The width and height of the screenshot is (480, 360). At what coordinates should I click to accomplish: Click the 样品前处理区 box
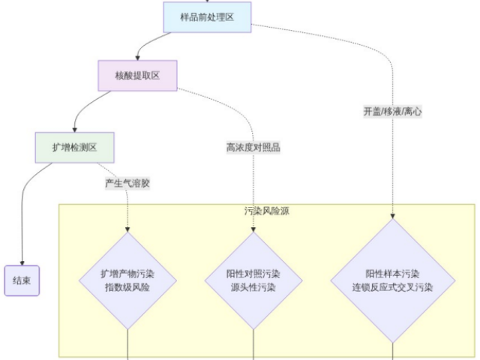click(207, 17)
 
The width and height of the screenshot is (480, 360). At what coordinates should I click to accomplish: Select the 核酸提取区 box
click(137, 76)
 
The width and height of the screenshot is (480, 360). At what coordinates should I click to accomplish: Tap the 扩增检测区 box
click(74, 148)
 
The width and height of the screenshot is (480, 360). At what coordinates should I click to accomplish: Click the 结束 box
click(22, 280)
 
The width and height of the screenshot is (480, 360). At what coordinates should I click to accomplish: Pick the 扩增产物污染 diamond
click(127, 280)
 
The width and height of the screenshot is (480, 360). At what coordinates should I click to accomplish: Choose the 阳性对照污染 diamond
click(253, 280)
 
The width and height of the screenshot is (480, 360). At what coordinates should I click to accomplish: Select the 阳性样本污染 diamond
click(392, 280)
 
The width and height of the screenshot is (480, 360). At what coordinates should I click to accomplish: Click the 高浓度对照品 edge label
click(253, 148)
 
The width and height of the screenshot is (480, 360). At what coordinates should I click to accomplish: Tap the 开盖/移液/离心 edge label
click(392, 111)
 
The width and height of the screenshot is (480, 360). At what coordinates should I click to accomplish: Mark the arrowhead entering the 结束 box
click(22, 262)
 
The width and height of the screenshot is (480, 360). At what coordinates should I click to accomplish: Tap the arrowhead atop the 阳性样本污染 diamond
click(392, 216)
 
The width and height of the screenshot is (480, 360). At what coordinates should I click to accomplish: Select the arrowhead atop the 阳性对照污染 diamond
click(253, 229)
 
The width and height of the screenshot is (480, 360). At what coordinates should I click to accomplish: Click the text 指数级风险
click(127, 287)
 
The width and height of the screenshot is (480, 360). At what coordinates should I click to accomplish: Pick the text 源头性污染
click(253, 287)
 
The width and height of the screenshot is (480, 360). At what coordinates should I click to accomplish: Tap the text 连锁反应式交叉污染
click(392, 287)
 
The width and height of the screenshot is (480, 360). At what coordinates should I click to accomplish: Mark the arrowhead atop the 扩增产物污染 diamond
click(127, 229)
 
